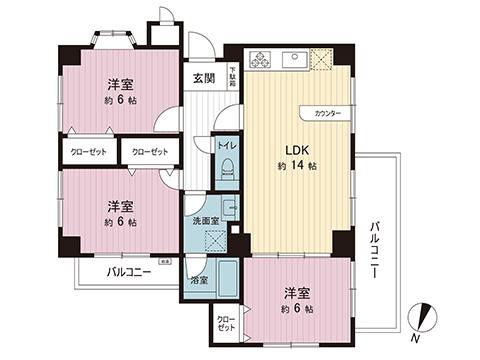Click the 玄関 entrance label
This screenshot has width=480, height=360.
coord(203,78)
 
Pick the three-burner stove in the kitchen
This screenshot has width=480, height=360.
coord(261,58)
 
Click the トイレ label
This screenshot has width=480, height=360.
coord(225,146)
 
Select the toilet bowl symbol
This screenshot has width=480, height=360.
coord(226,167)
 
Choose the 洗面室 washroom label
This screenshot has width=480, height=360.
coord(205,221)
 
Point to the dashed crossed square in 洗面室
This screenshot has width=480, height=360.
coord(213,241)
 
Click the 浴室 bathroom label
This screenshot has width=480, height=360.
coord(198,280)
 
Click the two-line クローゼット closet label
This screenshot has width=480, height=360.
coord(227,323)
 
